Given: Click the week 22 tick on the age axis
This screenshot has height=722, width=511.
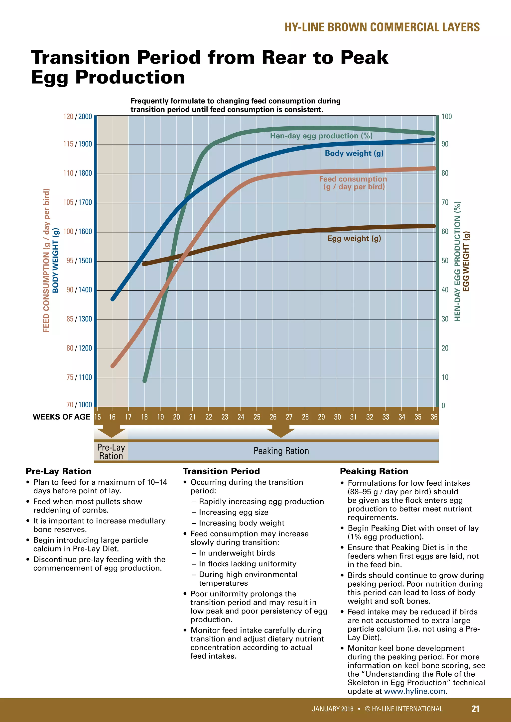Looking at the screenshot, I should (x=209, y=417).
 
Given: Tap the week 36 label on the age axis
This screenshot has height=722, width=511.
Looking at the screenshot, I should (x=434, y=417).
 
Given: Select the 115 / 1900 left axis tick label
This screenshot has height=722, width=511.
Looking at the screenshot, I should (x=77, y=144).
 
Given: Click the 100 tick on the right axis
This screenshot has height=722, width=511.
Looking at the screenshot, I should (x=446, y=117).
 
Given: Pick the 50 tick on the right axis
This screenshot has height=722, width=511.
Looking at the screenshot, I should (x=445, y=261).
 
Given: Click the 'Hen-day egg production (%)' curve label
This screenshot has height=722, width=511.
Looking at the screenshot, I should (x=321, y=136).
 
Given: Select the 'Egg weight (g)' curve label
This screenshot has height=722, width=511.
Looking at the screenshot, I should (x=354, y=238).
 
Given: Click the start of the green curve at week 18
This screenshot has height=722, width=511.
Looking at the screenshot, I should (x=145, y=380).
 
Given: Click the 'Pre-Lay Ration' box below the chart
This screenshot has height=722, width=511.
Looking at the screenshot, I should (x=111, y=451).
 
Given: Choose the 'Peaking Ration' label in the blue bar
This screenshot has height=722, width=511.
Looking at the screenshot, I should (x=281, y=451).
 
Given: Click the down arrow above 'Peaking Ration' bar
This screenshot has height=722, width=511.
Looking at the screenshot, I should (x=281, y=432).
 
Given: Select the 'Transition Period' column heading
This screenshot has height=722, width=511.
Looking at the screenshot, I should (x=221, y=471).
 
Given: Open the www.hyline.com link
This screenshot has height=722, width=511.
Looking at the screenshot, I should (x=414, y=691).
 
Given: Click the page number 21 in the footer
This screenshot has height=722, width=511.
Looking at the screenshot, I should (x=475, y=709).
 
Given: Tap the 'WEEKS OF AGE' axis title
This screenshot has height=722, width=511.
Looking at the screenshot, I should (x=61, y=417).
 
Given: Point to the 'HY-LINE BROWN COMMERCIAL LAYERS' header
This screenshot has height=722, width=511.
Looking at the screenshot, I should (x=382, y=27).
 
